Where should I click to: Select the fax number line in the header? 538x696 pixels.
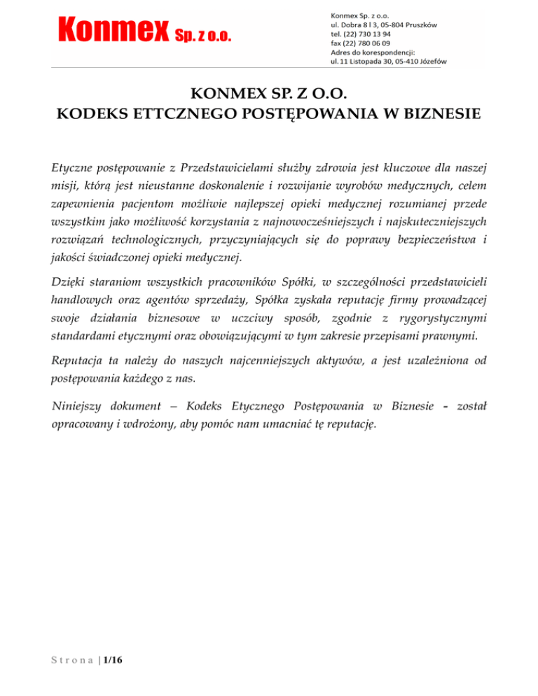(360, 43)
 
